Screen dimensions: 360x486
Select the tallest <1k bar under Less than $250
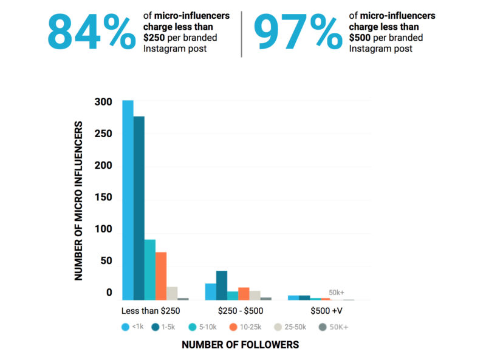point(128,200)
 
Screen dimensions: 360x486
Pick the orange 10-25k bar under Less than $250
point(161,276)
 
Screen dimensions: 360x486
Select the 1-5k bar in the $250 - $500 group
point(222,285)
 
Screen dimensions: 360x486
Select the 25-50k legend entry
point(290,327)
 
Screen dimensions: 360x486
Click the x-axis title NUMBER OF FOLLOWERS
point(240,345)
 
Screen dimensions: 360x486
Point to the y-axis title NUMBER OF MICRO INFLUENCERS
point(79,200)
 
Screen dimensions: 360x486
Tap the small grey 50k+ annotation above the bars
point(337,292)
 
